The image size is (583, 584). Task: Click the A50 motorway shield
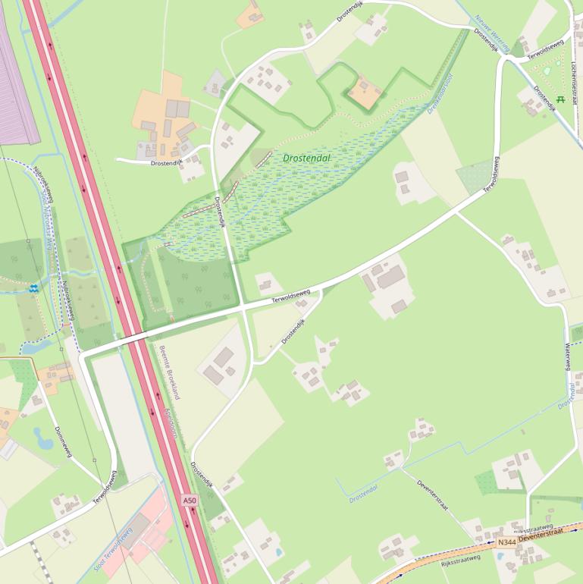pyautogui.click(x=190, y=501)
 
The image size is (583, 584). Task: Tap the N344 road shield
pyautogui.click(x=506, y=542)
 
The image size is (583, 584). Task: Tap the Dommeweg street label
pyautogui.click(x=64, y=441)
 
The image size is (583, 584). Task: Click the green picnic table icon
pyautogui.click(x=560, y=99)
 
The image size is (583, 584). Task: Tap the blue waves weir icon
pyautogui.click(x=33, y=287)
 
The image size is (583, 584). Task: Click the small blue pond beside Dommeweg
pyautogui.click(x=42, y=436)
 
